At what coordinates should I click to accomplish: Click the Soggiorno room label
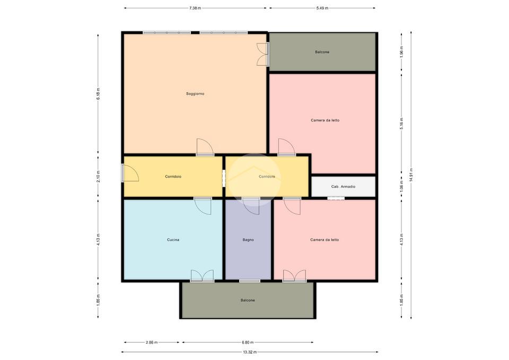click(x=195, y=94)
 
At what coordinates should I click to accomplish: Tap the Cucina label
click(x=173, y=240)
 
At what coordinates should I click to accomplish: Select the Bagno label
click(x=248, y=240)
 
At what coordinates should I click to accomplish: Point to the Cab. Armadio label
click(x=343, y=187)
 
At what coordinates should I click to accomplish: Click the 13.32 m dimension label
click(x=250, y=352)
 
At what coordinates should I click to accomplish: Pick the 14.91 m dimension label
click(x=411, y=175)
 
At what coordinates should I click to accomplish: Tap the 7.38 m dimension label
click(x=195, y=8)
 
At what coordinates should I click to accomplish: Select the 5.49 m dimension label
click(x=322, y=8)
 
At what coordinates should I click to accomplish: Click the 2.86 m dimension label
click(x=152, y=342)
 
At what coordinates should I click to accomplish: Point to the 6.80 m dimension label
click(x=248, y=342)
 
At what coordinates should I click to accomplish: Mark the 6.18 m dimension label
click(x=98, y=94)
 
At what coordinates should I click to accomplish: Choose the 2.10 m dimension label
click(x=98, y=177)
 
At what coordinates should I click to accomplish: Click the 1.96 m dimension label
click(x=401, y=52)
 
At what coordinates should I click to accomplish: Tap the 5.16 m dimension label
click(x=401, y=124)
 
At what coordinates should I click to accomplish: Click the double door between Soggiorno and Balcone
click(x=263, y=54)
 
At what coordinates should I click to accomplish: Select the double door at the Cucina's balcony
click(x=202, y=276)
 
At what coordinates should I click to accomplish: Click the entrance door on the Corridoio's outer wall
click(x=130, y=173)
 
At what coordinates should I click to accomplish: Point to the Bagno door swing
click(x=251, y=206)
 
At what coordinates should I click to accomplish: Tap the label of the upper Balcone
click(x=322, y=52)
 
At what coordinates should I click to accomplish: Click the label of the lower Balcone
click(x=248, y=300)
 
